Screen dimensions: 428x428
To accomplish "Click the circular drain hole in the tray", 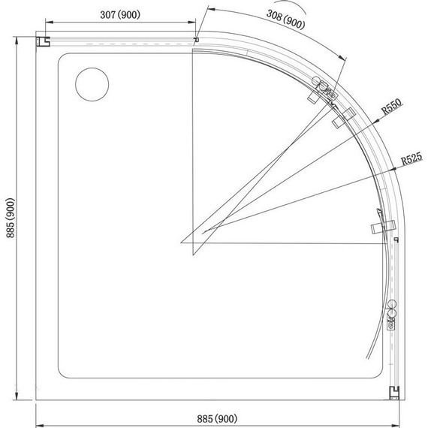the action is (92, 84).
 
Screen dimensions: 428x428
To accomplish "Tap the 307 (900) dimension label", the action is (120, 15).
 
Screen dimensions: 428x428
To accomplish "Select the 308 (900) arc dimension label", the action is (285, 19).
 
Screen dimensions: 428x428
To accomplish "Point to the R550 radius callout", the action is (392, 107).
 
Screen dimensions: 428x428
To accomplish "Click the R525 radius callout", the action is (411, 158).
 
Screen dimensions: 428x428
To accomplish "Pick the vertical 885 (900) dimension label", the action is (11, 218).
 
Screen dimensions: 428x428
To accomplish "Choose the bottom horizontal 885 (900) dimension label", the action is (217, 418).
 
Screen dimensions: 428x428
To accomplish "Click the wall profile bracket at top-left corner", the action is (43, 41).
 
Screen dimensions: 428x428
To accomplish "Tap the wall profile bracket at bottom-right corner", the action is (394, 393).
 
